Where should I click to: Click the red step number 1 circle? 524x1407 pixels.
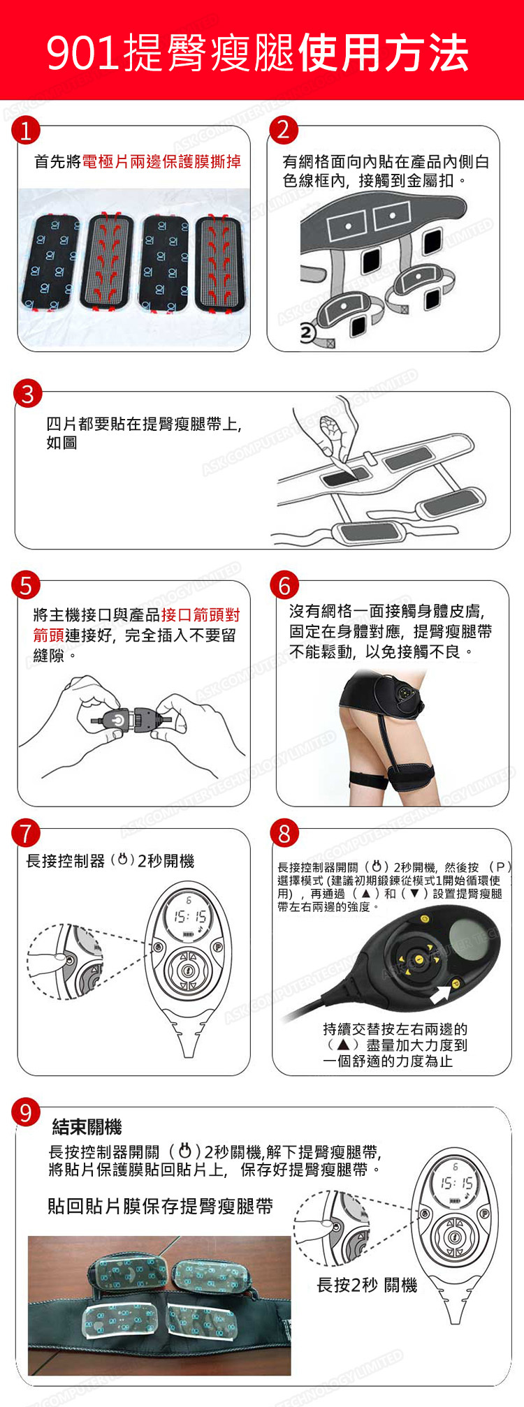tap(26, 131)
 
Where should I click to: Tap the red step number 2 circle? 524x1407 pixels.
tap(283, 130)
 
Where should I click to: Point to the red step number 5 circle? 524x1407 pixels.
tap(26, 585)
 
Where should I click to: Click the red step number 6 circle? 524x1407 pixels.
tap(284, 585)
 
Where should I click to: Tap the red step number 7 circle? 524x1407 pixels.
tap(26, 833)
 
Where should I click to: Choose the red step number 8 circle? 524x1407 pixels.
tap(284, 833)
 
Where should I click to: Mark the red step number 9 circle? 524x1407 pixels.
tap(26, 1112)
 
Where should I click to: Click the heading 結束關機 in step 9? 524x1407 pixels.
tap(87, 1126)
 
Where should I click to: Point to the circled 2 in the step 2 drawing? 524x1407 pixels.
tap(307, 334)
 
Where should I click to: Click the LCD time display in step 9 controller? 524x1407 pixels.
tap(457, 1184)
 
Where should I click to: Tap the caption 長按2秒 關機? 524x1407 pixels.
tap(367, 1285)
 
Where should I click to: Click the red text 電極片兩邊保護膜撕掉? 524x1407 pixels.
tap(161, 162)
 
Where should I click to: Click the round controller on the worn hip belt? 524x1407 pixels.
tap(407, 693)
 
